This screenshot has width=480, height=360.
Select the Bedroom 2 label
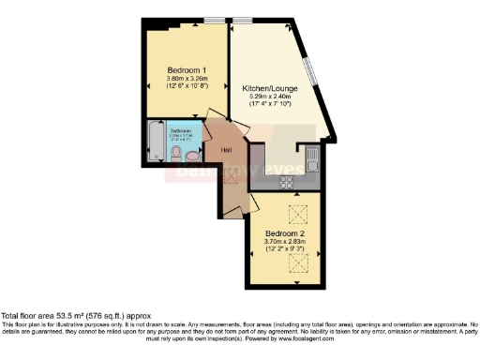pyautogui.click(x=284, y=232)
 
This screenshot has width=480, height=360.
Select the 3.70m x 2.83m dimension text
pyautogui.click(x=284, y=242)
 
